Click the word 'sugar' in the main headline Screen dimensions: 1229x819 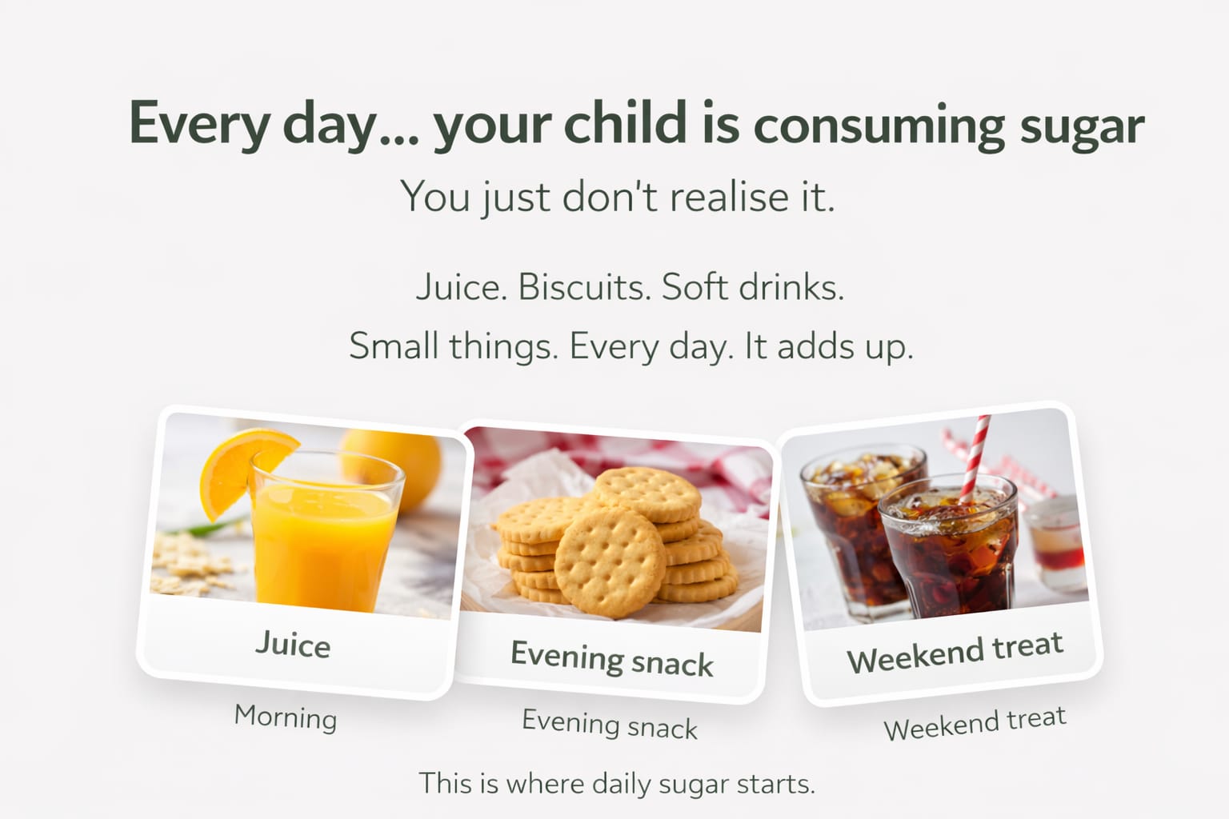[1082, 126]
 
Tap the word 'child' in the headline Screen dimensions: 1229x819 [625, 122]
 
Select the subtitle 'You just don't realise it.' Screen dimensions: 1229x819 [617, 196]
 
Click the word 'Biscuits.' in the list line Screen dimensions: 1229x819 [584, 286]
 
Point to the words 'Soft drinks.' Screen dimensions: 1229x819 [753, 286]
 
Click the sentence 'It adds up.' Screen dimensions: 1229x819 [828, 346]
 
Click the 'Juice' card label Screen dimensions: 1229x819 [294, 644]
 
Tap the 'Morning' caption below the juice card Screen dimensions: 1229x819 [286, 717]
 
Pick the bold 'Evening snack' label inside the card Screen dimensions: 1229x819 [612, 658]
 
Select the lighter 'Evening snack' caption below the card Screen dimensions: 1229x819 [610, 724]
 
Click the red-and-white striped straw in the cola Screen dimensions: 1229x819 [975, 458]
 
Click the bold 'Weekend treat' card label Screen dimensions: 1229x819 [955, 652]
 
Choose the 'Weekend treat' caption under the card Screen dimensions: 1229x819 [975, 724]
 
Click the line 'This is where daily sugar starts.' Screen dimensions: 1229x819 [617, 783]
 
